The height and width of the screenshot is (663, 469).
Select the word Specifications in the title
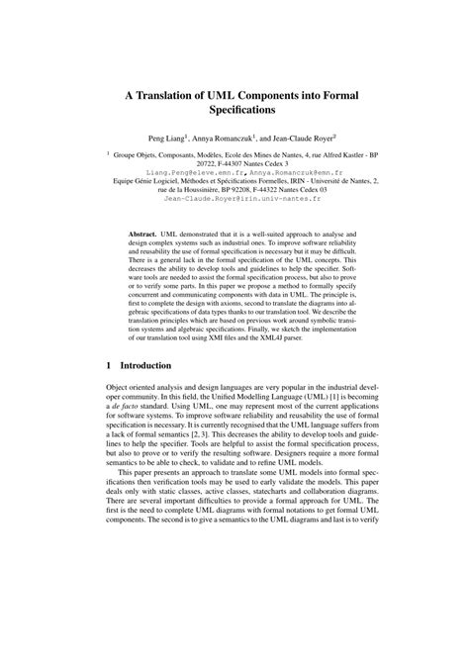tap(234, 113)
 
